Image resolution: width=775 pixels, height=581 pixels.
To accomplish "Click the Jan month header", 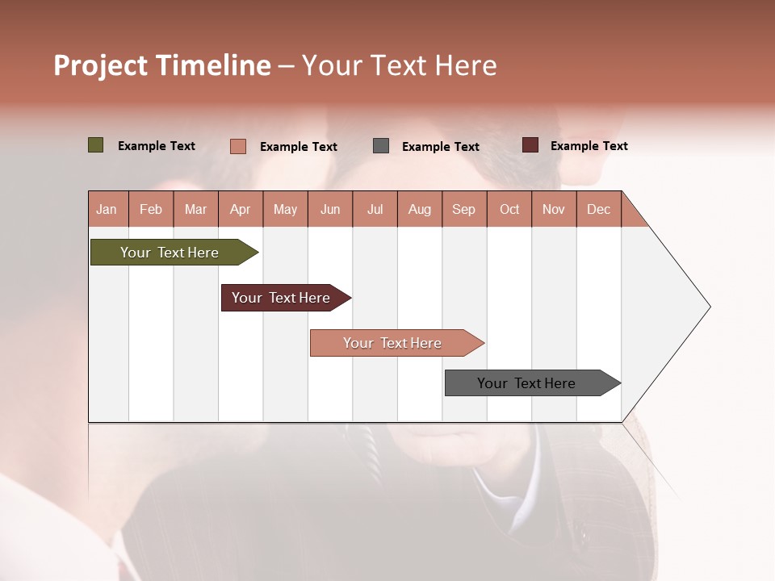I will click(x=107, y=209).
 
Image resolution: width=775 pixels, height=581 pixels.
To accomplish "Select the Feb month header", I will click(x=151, y=209).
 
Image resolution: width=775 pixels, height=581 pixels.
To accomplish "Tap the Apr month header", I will click(x=241, y=209).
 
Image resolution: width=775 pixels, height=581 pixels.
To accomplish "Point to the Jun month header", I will click(x=330, y=209).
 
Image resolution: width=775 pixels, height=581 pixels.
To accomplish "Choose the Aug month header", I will click(x=420, y=209).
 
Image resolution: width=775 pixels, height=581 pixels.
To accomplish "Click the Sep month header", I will click(x=464, y=209).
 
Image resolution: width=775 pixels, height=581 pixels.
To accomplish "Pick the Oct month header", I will click(x=509, y=209).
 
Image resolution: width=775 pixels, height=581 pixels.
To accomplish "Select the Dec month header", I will click(x=599, y=209).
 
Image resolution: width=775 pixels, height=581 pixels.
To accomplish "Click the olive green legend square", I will click(x=95, y=145).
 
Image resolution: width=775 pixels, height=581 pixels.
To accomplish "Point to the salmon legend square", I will click(x=237, y=146).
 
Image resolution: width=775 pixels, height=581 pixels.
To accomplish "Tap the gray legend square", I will click(x=381, y=145).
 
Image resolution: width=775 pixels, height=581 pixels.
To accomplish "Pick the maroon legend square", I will click(x=530, y=145).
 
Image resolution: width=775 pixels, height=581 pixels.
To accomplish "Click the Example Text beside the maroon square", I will click(x=589, y=145).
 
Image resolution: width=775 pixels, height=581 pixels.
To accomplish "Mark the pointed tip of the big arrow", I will click(x=709, y=307).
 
